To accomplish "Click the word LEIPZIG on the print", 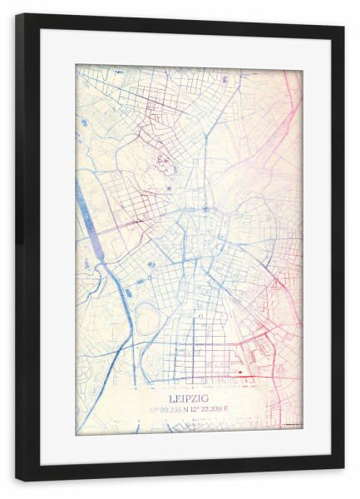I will (189, 398).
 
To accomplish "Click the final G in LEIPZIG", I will (206, 398).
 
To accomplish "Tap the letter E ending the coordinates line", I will (225, 409).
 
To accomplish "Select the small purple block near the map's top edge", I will (224, 79).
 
